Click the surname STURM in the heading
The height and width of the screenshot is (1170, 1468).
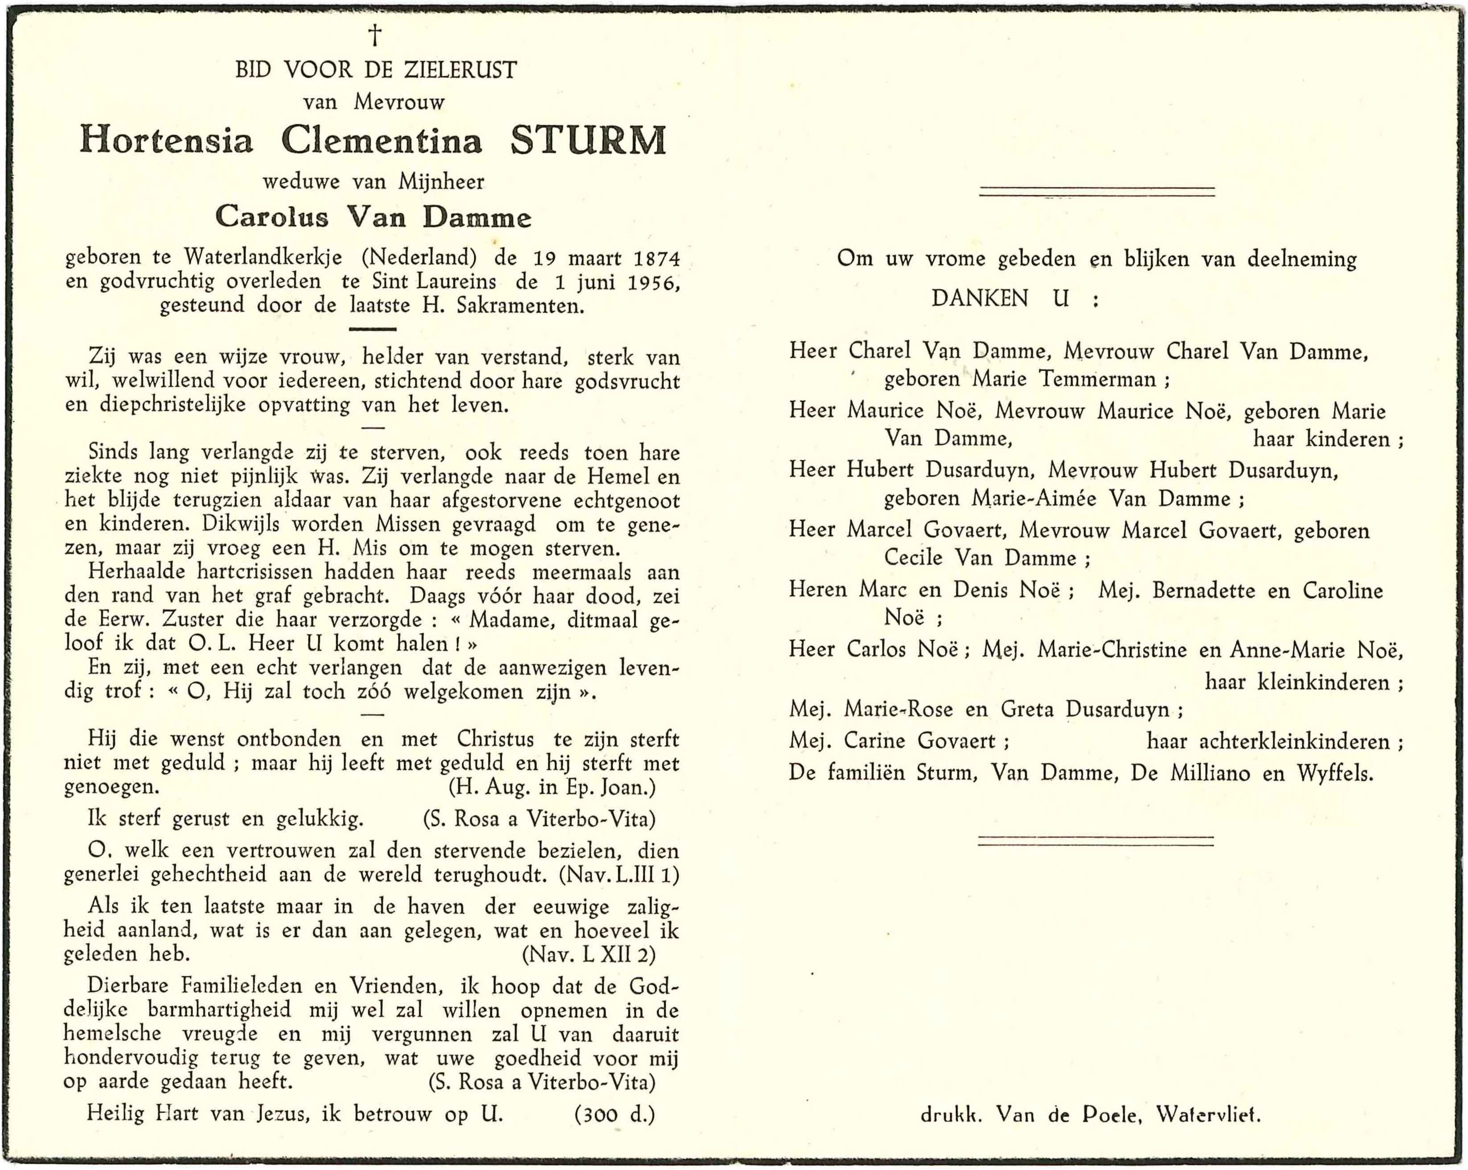click(588, 141)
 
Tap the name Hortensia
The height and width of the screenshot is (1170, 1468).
click(167, 141)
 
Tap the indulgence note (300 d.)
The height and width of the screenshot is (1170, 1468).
click(615, 1114)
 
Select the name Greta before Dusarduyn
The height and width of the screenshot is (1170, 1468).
click(1029, 710)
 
